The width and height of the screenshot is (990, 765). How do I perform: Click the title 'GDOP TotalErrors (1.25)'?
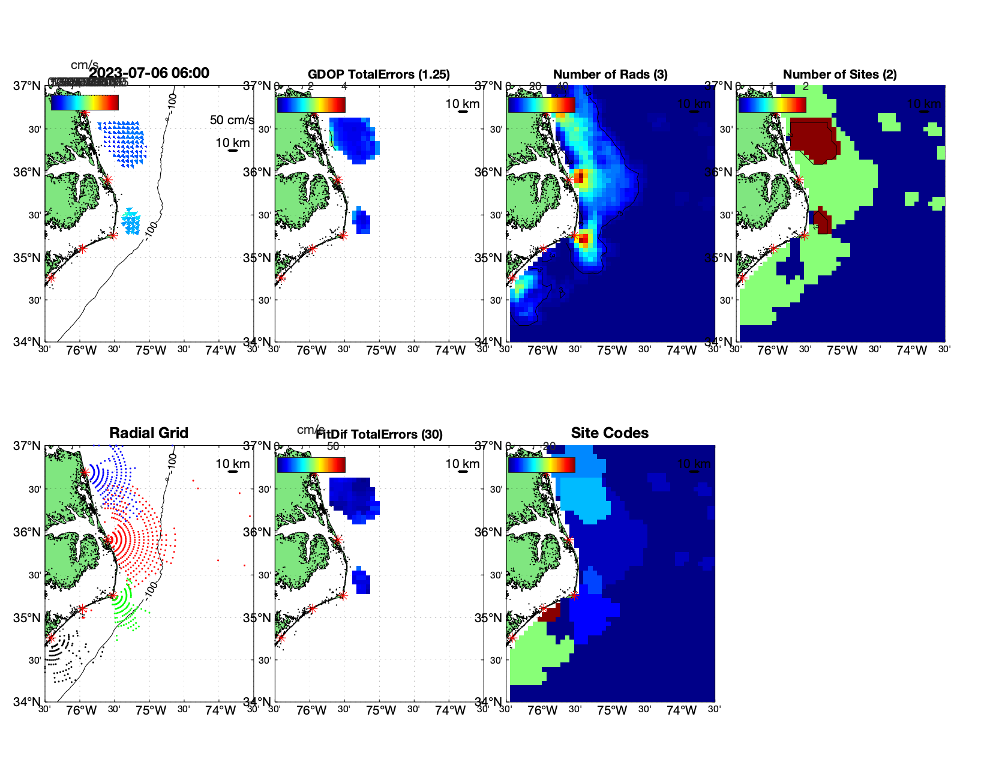click(378, 74)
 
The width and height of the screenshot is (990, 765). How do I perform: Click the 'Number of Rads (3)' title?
click(610, 74)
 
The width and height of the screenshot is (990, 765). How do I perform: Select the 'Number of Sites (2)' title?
click(839, 74)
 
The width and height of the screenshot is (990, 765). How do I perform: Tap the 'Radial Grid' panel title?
click(149, 433)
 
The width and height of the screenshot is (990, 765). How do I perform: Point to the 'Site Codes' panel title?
click(610, 433)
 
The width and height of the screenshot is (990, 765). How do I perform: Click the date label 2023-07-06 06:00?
click(149, 73)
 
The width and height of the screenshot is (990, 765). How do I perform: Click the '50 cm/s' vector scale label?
click(232, 120)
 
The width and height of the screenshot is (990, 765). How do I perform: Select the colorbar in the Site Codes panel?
click(541, 465)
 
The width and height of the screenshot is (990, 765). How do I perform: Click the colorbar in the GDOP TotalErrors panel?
click(311, 104)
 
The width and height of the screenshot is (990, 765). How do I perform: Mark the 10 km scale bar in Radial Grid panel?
click(233, 471)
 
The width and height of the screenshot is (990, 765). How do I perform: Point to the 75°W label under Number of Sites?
click(842, 350)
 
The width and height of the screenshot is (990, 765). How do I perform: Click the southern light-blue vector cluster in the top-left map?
click(131, 222)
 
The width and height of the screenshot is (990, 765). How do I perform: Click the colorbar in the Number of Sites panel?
click(772, 104)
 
